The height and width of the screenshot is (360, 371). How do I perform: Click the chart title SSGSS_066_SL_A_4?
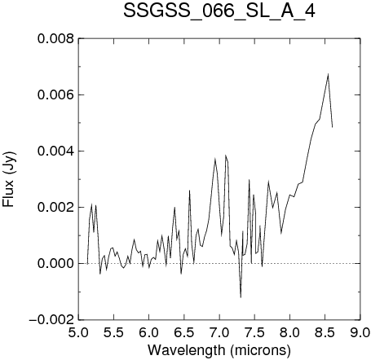tap(219, 11)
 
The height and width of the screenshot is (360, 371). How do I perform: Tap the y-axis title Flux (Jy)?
tap(9, 180)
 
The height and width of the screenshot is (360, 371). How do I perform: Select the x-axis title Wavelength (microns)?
tap(219, 350)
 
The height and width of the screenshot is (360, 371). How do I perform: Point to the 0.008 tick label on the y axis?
tap(55, 39)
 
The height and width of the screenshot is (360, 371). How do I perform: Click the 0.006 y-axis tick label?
tap(55, 95)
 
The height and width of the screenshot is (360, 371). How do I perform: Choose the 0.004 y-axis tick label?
tap(55, 151)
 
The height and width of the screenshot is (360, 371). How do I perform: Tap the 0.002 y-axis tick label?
tap(55, 208)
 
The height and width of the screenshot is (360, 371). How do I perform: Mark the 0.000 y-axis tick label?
tap(55, 264)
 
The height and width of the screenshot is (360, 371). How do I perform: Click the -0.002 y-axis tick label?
tap(51, 320)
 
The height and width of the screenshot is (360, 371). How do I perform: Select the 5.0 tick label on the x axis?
tap(79, 332)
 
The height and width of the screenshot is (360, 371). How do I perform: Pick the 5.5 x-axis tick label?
tap(114, 332)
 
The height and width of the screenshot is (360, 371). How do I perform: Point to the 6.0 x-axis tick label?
tap(149, 332)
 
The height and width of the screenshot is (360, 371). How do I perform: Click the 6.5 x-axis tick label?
tap(184, 332)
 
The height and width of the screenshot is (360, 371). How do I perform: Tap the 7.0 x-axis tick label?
tap(219, 332)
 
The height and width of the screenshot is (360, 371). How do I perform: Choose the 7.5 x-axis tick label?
tap(254, 332)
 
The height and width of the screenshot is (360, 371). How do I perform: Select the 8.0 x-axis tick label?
tap(290, 332)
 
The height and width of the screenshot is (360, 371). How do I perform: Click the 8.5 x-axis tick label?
tap(325, 332)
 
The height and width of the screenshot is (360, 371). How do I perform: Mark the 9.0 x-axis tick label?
tap(360, 332)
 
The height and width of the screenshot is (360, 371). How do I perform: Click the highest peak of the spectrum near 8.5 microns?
tap(328, 74)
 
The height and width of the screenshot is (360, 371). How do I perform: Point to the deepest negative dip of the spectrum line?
tap(241, 297)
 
